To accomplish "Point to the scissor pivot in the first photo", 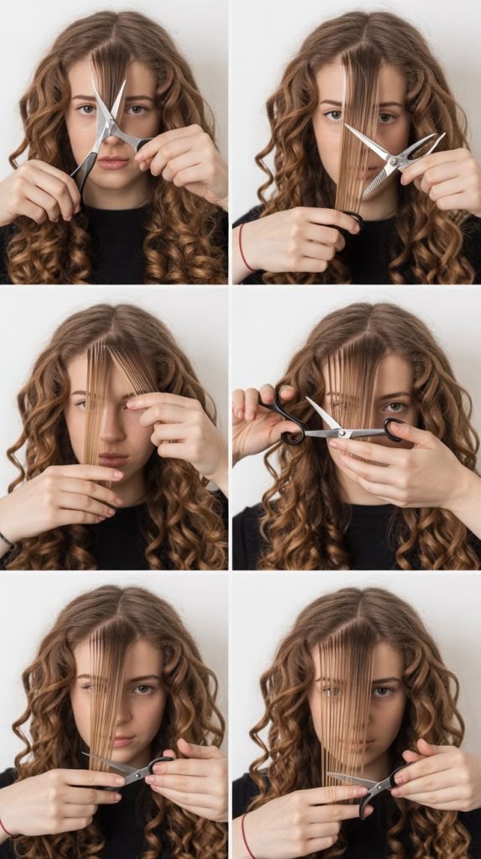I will point(106,126).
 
